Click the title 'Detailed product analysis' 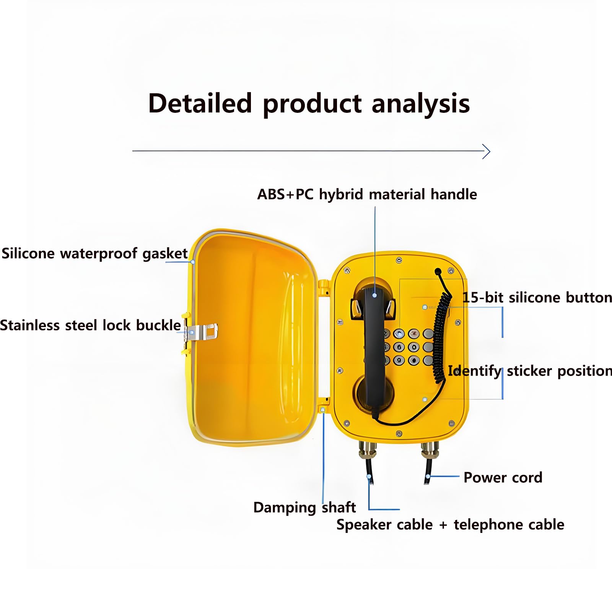pos(309,104)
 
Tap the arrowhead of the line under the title pos(487,151)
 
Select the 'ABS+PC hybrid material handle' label pos(367,194)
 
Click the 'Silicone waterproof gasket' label pos(94,254)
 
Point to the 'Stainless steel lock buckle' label pos(90,325)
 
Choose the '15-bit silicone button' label pos(537,297)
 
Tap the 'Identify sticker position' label pos(530,371)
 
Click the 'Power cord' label pos(503,477)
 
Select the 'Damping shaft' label pos(304,508)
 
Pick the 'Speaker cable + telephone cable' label pos(450,524)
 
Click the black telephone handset pos(374,348)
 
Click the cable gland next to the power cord pos(430,450)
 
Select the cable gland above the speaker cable pos(368,450)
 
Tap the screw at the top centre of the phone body pos(399,260)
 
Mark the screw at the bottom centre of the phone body pos(399,434)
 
